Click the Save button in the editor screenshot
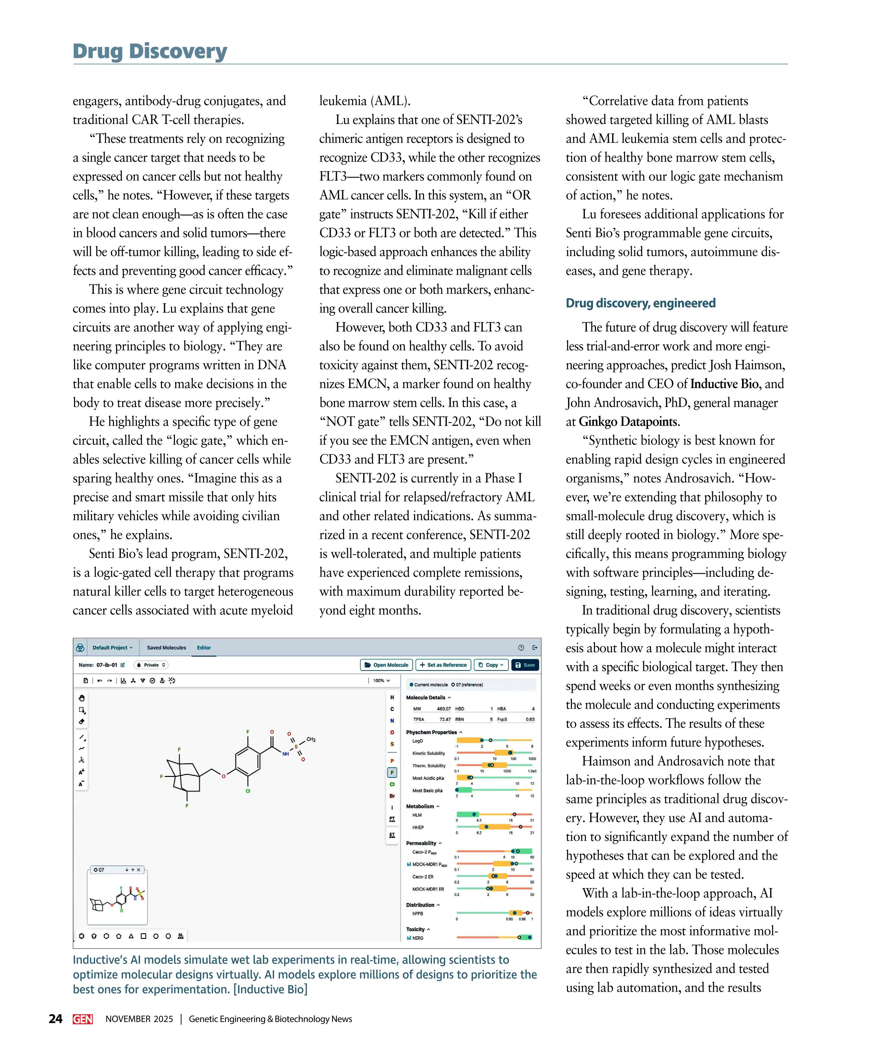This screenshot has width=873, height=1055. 525,665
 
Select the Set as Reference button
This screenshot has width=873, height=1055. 443,665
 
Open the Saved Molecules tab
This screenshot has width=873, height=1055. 166,647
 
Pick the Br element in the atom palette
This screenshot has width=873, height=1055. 392,796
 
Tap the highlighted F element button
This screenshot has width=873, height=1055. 392,772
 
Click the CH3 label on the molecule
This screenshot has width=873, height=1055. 311,740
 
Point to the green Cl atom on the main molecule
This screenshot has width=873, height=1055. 248,791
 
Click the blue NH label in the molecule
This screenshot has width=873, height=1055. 285,754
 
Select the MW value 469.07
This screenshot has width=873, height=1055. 444,709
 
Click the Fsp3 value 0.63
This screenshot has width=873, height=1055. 530,719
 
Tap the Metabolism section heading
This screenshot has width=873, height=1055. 420,806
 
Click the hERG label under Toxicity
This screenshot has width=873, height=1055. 418,938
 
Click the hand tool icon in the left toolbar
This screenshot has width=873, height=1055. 82,698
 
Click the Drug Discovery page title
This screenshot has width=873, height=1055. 150,51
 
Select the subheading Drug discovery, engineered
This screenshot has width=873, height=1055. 641,303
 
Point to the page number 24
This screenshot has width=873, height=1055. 55,1019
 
